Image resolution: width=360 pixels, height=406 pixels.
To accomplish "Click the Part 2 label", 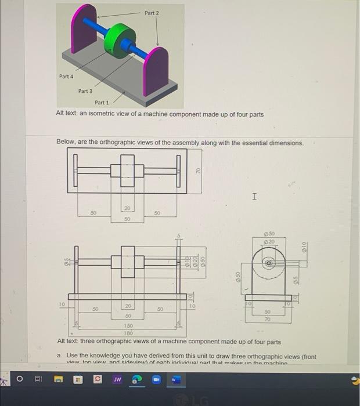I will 151,13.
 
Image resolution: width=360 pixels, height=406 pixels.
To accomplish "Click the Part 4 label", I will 66,77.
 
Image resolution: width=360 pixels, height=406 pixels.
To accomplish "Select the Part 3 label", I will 85,91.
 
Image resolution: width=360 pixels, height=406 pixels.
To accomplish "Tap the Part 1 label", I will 102,103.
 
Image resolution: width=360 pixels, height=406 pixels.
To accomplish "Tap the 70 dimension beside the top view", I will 197,171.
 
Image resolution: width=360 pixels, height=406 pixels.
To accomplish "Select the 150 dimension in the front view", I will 128,326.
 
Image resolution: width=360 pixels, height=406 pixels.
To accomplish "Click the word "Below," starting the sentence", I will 66,143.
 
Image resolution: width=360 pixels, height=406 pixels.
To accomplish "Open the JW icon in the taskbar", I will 117,381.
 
